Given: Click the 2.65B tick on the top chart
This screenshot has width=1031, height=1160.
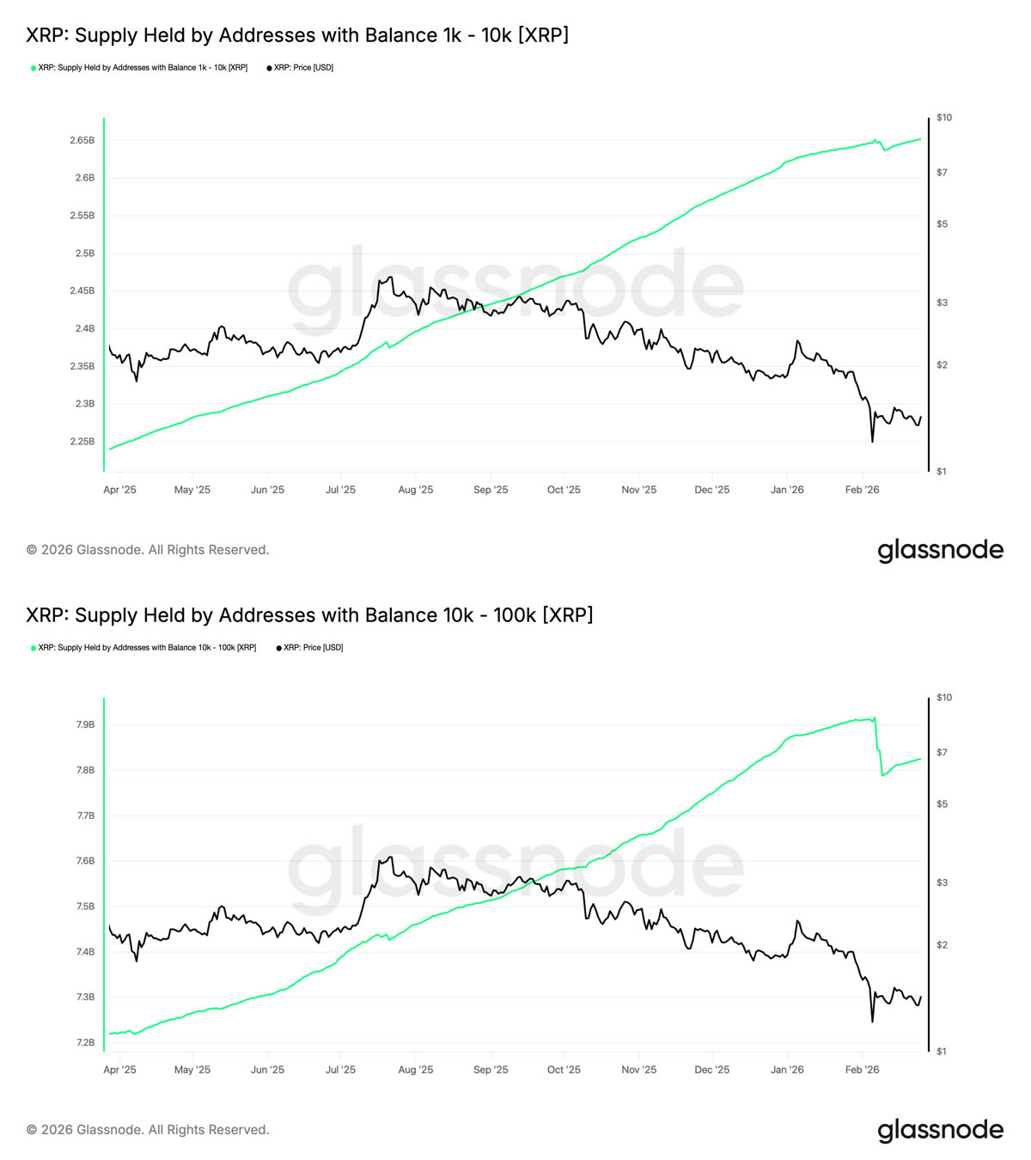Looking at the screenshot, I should click(82, 140).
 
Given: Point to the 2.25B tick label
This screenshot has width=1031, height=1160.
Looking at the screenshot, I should click(82, 442).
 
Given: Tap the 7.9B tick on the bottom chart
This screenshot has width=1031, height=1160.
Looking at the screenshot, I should click(85, 724).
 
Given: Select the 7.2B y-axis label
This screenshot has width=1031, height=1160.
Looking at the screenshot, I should click(85, 1042).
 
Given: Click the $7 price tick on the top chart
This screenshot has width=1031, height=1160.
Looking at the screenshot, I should click(942, 173).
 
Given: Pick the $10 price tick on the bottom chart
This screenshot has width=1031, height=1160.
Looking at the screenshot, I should click(943, 698).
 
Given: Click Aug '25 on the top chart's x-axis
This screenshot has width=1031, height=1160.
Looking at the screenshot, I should click(416, 490).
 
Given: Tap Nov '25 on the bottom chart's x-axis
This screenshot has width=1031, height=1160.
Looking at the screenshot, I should click(638, 1070).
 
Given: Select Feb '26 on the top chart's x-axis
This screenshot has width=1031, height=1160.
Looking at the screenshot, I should click(862, 490).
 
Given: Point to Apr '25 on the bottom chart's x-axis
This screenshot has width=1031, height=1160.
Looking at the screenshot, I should click(119, 1070).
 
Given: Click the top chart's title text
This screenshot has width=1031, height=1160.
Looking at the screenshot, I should click(297, 35).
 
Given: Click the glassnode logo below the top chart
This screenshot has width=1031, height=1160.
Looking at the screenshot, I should click(940, 550).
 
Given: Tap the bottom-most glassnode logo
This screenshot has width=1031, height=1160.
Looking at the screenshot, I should click(940, 1130).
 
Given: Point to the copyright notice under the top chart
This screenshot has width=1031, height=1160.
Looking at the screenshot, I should click(148, 550).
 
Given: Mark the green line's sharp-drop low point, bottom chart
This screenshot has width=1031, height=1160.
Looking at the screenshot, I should click(882, 776).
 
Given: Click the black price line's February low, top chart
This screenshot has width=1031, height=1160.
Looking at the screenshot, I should click(872, 442).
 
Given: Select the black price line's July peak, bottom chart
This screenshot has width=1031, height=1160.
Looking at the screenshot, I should click(390, 857).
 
